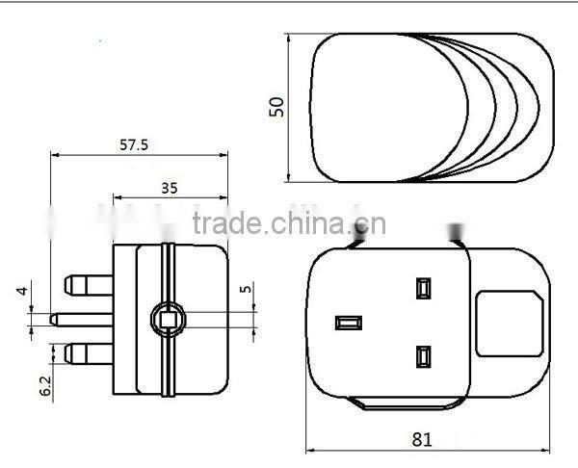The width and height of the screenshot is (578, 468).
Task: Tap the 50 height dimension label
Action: pyautogui.click(x=277, y=106)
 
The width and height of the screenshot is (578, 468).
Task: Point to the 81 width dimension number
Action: pyautogui.click(x=421, y=438)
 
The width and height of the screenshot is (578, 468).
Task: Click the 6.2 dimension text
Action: pyautogui.click(x=45, y=384)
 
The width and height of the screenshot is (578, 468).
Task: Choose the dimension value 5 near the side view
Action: pyautogui.click(x=248, y=288)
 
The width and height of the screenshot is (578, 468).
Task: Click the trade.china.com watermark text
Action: pyautogui.click(x=289, y=224)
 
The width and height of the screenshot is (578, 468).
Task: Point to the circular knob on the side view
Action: pyautogui.click(x=167, y=319)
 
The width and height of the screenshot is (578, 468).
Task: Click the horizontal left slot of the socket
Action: pyautogui.click(x=348, y=322)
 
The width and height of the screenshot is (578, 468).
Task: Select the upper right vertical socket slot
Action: pyautogui.click(x=422, y=287)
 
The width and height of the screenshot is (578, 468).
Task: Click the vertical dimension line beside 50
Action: pyautogui.click(x=289, y=106)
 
